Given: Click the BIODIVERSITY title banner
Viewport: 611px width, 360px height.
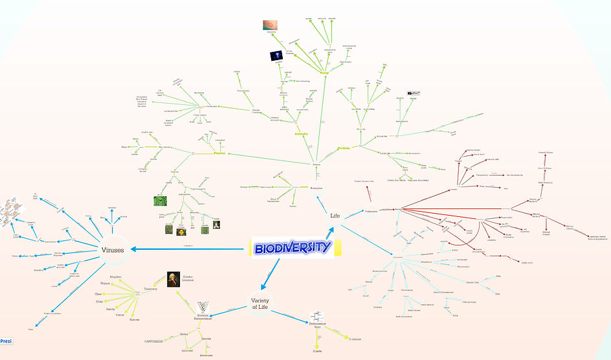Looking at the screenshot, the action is tap(291, 247).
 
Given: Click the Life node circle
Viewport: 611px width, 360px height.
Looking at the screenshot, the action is tap(335, 216).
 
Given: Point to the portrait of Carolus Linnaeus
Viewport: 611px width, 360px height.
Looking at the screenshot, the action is tap(173, 279).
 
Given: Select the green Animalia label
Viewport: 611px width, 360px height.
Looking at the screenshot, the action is tap(300, 135).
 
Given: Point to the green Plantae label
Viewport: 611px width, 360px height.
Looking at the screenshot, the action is tap(223, 153).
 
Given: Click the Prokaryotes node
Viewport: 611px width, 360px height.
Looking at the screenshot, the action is tap(370, 210).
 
